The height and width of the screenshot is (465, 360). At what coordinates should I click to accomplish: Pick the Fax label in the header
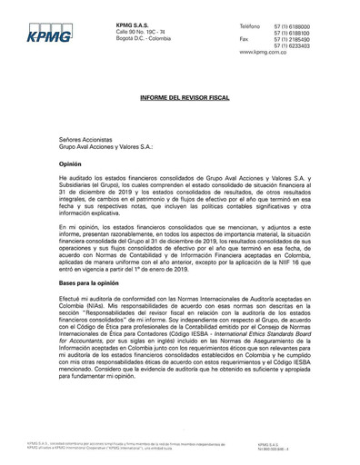244,40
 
